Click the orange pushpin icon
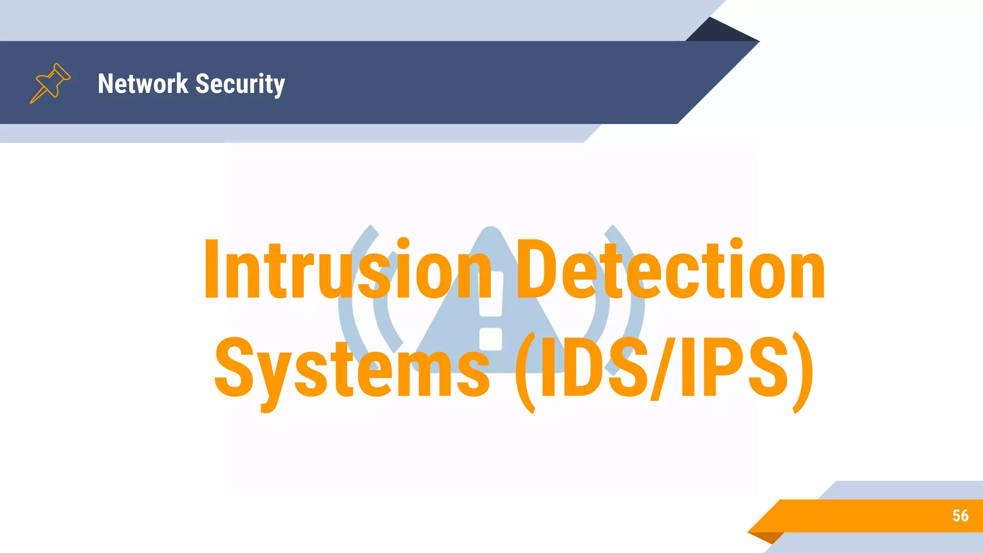[50, 83]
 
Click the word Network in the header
[143, 84]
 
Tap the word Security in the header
[240, 84]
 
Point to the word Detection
[670, 269]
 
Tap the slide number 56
[960, 516]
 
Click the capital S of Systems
[234, 368]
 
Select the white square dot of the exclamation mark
[491, 339]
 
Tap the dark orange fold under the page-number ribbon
[768, 537]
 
